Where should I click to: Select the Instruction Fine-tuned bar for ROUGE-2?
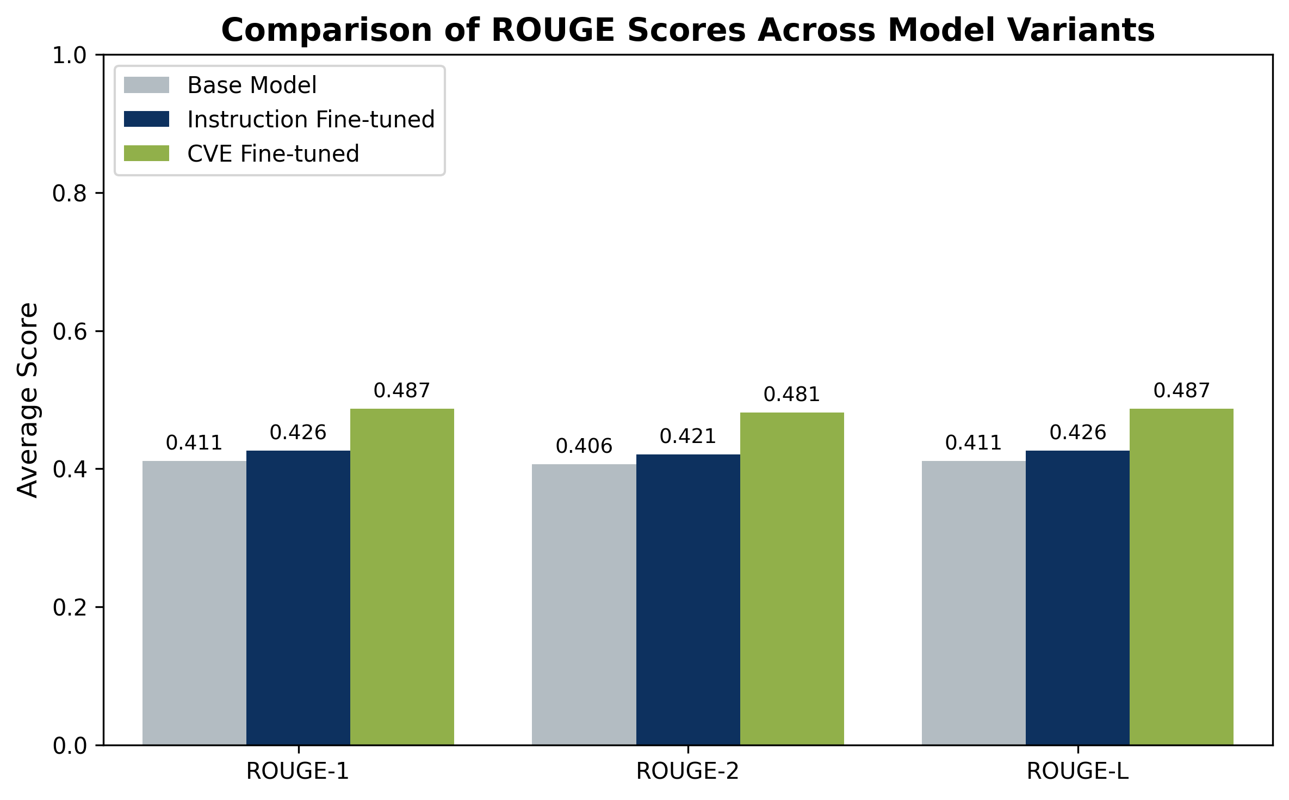(x=688, y=599)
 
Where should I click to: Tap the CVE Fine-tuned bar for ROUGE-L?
(x=1181, y=576)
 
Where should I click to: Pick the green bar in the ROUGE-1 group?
(x=402, y=576)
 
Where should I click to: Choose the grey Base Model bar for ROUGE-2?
(x=584, y=604)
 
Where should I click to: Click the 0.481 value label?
(x=791, y=395)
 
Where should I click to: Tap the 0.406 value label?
(x=584, y=446)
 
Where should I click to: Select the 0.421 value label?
(x=688, y=436)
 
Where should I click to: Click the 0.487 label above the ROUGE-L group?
(x=1181, y=391)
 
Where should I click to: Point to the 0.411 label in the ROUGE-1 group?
(x=194, y=443)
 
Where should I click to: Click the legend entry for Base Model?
(x=252, y=85)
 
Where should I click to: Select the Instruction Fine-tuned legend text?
(x=311, y=120)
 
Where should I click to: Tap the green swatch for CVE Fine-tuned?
(x=146, y=153)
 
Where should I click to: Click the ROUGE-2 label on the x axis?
(x=688, y=772)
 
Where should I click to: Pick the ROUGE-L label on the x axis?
(x=1077, y=772)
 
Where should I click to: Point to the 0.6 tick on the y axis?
(x=70, y=331)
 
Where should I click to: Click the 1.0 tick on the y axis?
(x=70, y=56)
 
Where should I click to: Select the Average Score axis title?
(x=28, y=400)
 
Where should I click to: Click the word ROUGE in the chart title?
(x=553, y=30)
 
